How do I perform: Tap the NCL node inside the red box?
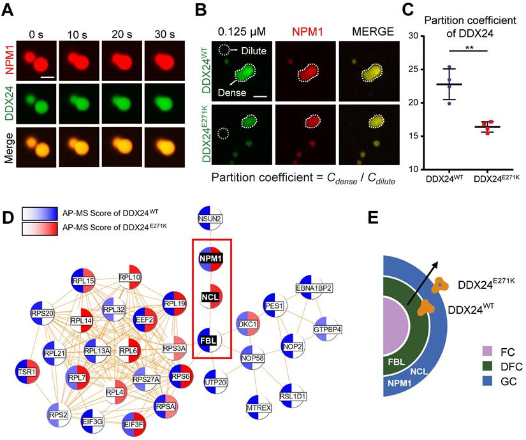[x=212, y=297]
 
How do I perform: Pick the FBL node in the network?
[x=212, y=340]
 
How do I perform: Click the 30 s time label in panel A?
[x=160, y=28]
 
